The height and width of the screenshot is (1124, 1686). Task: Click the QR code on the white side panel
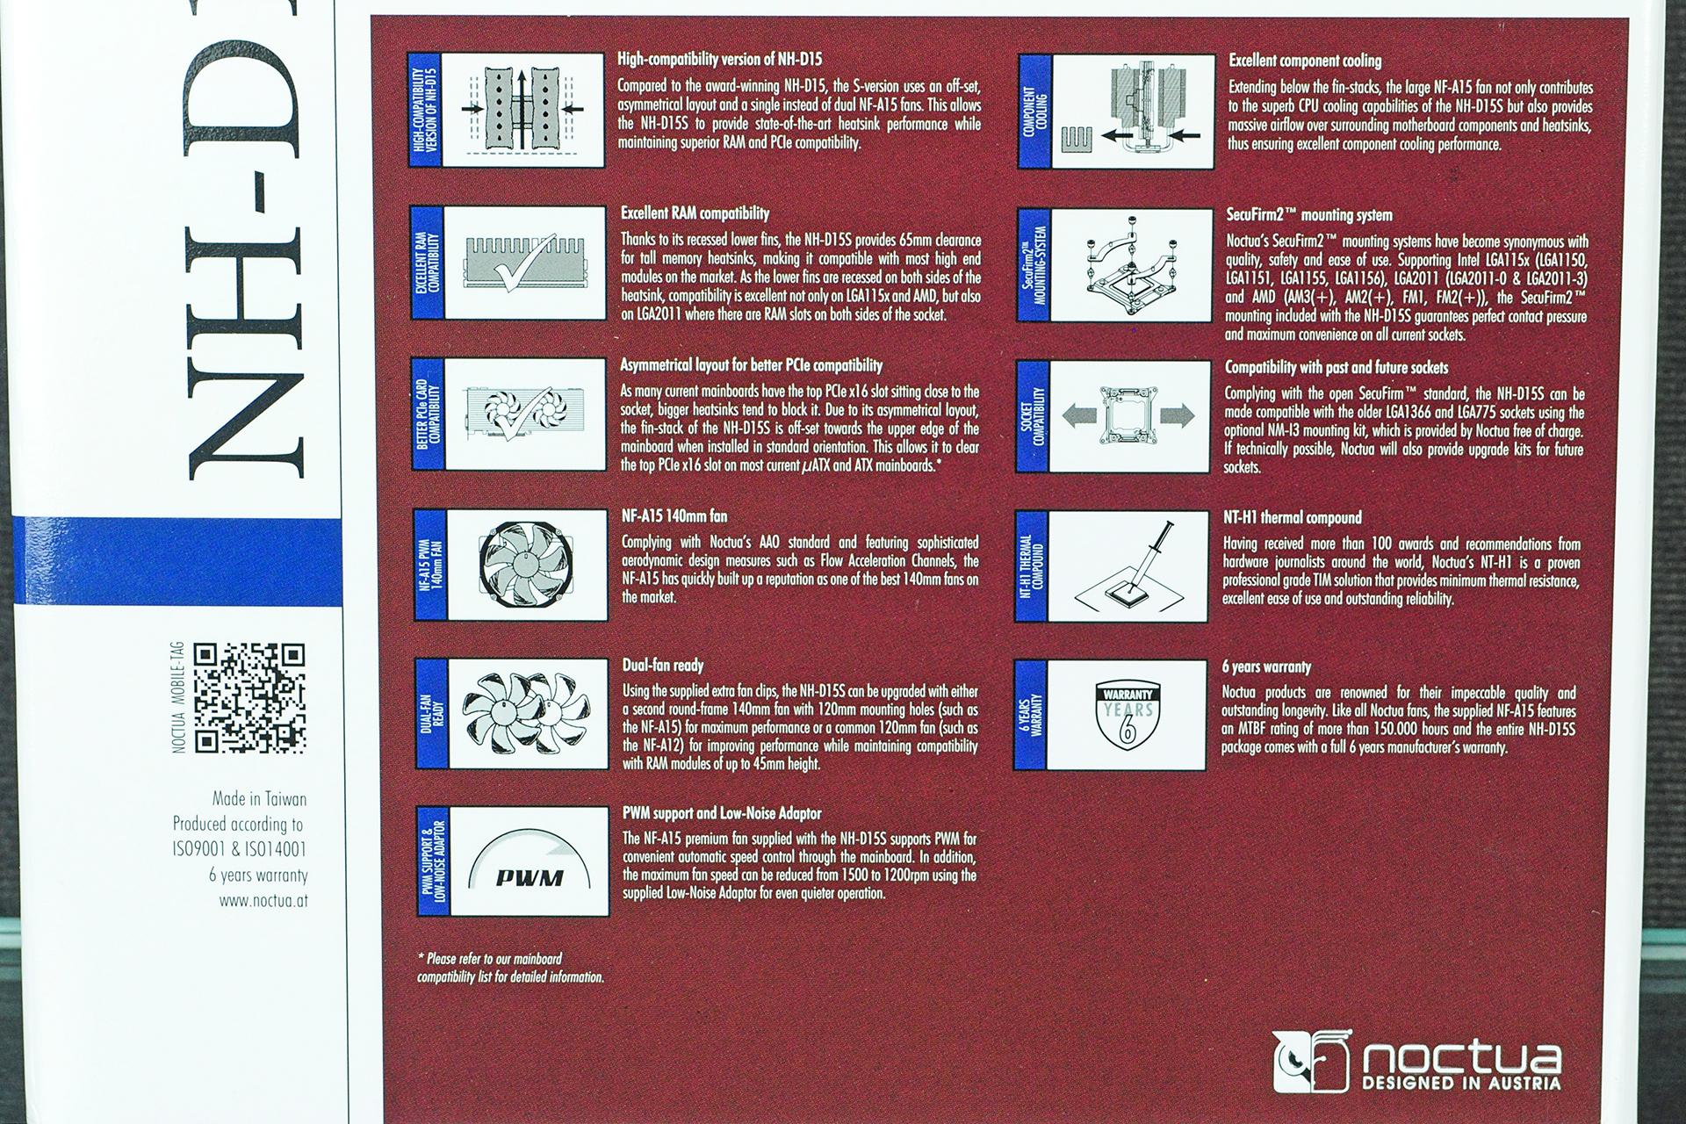[249, 698]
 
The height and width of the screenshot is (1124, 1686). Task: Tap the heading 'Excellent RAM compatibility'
[695, 213]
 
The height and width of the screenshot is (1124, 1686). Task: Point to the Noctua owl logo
[1308, 1063]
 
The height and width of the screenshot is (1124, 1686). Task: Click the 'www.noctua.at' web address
[263, 901]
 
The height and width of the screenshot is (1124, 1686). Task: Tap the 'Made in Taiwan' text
[260, 799]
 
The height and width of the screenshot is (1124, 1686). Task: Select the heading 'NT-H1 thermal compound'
[1293, 517]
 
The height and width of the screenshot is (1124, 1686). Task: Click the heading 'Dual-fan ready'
[663, 666]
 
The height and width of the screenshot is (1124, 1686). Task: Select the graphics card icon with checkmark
[515, 414]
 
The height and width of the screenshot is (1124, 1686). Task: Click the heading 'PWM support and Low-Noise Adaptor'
[722, 814]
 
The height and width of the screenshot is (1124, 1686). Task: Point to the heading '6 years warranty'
[1266, 666]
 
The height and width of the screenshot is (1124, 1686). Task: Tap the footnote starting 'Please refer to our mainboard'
[510, 967]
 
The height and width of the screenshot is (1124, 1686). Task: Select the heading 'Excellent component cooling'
[1305, 61]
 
